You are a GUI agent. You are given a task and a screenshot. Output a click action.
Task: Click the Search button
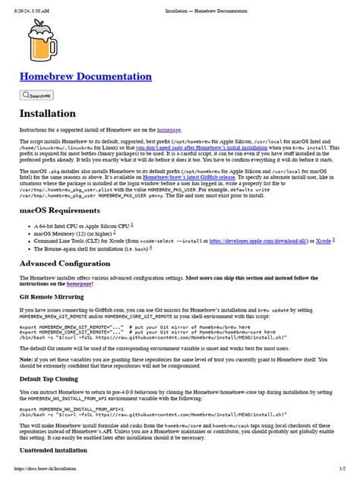coord(36,96)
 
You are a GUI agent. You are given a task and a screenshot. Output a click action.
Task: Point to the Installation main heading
coord(47,114)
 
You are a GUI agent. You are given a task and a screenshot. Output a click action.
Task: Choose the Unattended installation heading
coord(57,450)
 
